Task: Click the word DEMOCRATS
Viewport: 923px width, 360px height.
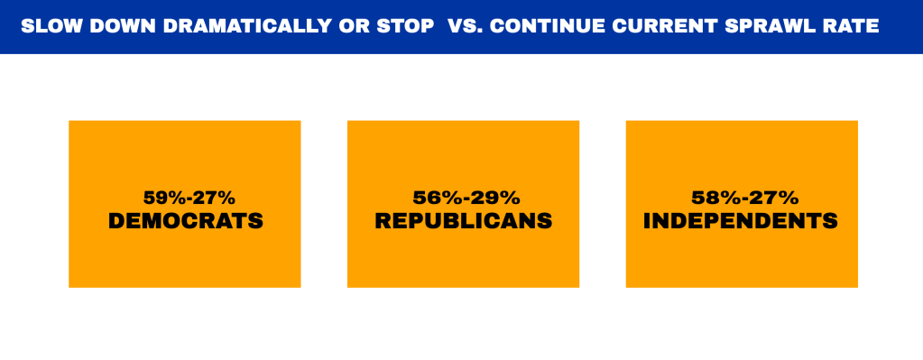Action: (x=186, y=220)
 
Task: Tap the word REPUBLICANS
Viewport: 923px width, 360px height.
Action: (x=463, y=220)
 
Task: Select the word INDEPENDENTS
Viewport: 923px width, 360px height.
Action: (x=741, y=220)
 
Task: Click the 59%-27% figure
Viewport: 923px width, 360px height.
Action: (x=186, y=197)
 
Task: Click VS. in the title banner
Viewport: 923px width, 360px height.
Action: (x=465, y=26)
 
